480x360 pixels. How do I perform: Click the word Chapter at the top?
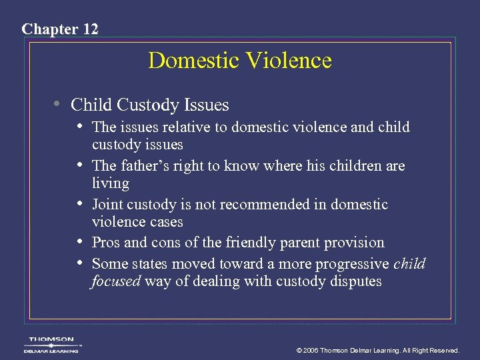pyautogui.click(x=48, y=29)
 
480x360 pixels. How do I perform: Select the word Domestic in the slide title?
pyautogui.click(x=194, y=61)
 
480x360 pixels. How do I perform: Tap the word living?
pyautogui.click(x=110, y=183)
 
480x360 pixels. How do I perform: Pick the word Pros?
pyautogui.click(x=106, y=243)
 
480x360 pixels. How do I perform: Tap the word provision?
pyautogui.click(x=353, y=243)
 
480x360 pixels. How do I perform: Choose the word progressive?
pyautogui.click(x=352, y=263)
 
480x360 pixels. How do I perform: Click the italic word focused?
pyautogui.click(x=116, y=281)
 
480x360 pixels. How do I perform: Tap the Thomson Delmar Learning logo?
pyautogui.click(x=51, y=344)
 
